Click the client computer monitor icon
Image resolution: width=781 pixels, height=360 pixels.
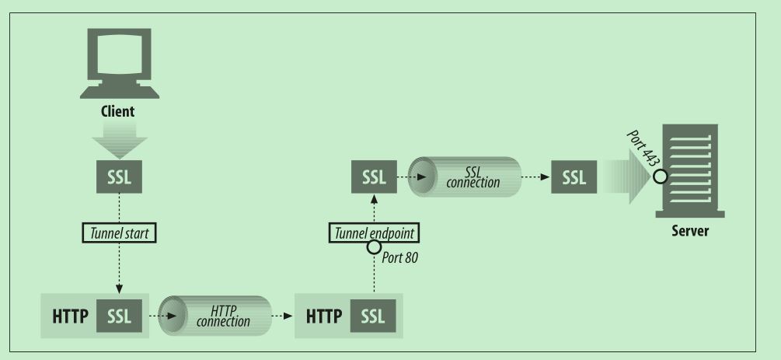pos(120,63)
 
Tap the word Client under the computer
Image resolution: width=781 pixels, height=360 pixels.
pos(117,110)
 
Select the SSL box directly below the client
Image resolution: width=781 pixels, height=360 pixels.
pos(119,177)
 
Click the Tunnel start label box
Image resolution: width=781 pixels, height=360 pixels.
pos(119,232)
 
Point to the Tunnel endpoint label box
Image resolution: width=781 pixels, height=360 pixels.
pos(374,232)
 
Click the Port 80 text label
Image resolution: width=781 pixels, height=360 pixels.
pos(400,258)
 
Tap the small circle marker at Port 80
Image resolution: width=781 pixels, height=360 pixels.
pos(374,246)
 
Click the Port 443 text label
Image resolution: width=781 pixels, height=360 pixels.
pos(643,149)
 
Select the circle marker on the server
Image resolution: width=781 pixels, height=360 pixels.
pos(661,177)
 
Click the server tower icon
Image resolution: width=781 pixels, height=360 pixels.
pos(690,171)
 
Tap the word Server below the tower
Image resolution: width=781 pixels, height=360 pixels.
pos(690,232)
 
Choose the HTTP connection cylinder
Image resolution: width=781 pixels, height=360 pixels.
pos(215,316)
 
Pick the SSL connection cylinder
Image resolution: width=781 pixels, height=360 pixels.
pos(465,177)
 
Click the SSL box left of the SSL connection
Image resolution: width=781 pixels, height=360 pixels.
pos(374,177)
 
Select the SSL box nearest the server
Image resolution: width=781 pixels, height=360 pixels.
pos(574,177)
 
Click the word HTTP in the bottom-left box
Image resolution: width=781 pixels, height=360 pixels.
pos(70,316)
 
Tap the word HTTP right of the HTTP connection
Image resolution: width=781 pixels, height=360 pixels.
pos(324,316)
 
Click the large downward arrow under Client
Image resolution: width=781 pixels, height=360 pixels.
pos(119,139)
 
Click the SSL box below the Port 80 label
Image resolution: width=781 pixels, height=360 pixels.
pos(373,316)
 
